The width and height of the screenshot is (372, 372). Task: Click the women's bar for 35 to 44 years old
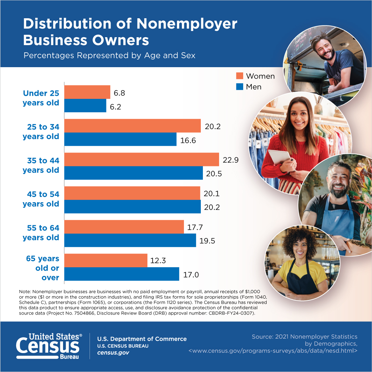[142, 159]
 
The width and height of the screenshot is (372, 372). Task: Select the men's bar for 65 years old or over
[122, 274]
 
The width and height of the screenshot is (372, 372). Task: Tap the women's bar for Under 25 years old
[87, 92]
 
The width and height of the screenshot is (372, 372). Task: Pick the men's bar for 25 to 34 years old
[120, 139]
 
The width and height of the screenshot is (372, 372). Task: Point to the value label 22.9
[231, 160]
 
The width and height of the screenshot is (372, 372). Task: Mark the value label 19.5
[207, 241]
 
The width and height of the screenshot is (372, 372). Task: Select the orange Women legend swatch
[240, 76]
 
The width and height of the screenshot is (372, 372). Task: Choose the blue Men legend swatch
[240, 86]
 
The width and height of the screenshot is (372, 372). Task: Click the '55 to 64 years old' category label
[41, 233]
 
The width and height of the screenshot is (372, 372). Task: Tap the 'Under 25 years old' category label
[41, 98]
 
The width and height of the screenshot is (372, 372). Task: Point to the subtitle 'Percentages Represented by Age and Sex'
[109, 55]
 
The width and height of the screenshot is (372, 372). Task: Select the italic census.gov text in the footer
[113, 353]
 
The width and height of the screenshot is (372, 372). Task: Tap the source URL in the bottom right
[273, 351]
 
